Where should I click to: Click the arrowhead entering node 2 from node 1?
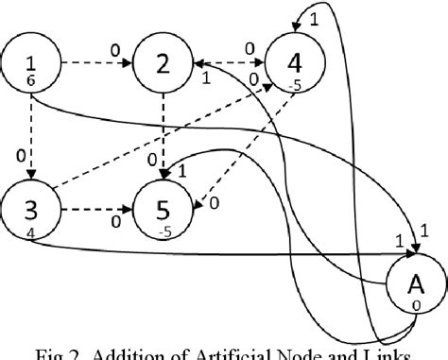[128, 65]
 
